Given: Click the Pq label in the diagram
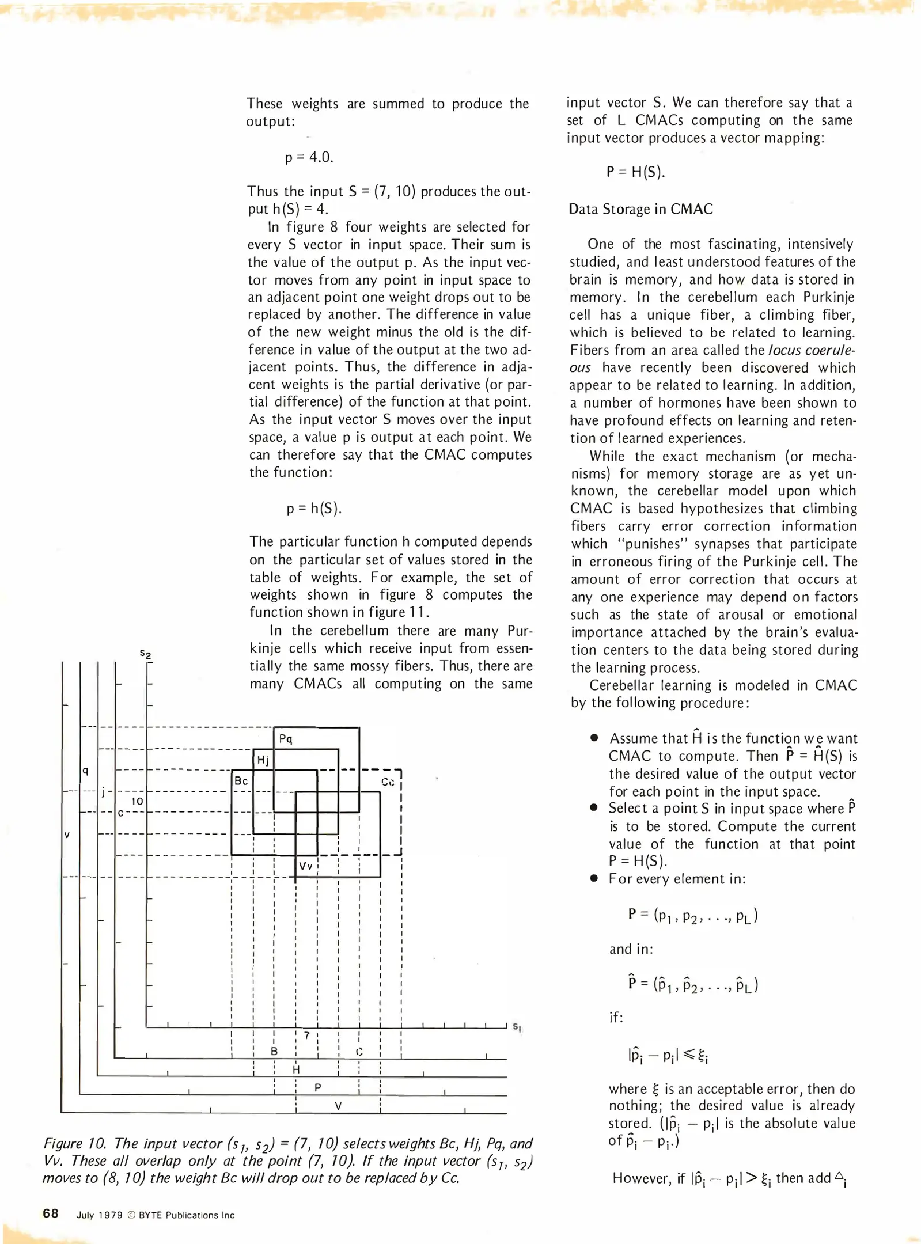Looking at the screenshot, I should coord(286,739).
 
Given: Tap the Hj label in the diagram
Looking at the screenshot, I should coord(263,760).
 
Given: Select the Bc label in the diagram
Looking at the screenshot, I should coord(241,781).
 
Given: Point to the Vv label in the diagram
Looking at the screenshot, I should coord(305,866).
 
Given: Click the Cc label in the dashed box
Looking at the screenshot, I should coord(388,782).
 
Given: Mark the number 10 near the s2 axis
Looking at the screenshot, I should coord(137,801).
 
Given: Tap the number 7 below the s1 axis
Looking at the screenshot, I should coord(307,1036).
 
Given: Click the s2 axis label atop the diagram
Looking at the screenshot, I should coord(145,654).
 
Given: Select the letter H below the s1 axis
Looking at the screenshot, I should coord(297,1070).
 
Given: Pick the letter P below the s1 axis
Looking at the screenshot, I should coord(317,1087).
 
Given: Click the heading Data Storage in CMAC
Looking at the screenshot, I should coord(640,209).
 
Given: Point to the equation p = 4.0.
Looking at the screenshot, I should coord(309,157).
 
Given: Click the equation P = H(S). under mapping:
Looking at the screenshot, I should coord(635,172).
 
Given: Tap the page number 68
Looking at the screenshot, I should coord(51,1213).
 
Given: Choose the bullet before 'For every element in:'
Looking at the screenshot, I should coord(594,879).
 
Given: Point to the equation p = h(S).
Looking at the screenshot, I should coord(314,508).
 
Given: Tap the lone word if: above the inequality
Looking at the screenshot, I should coord(616,1018).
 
